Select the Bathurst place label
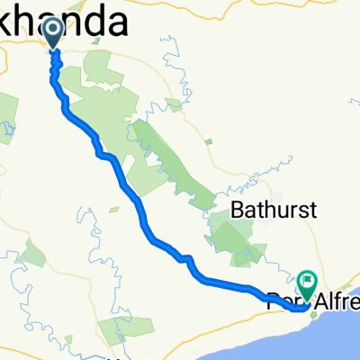click(262, 210)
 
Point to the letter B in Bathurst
click(236, 210)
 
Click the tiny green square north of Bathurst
click(209, 141)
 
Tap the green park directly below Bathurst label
click(236, 238)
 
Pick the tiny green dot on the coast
click(313, 315)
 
